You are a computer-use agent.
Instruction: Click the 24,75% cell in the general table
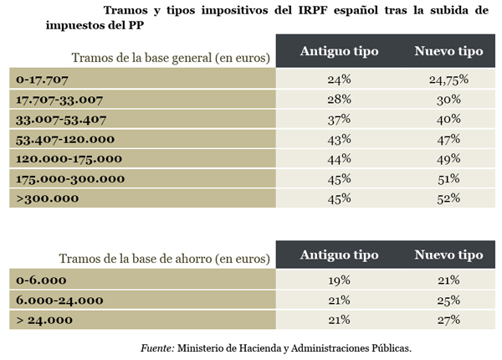pyautogui.click(x=448, y=80)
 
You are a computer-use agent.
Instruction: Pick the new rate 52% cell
pyautogui.click(x=448, y=198)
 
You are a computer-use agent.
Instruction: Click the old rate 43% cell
pyautogui.click(x=340, y=139)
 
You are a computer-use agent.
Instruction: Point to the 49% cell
pyautogui.click(x=448, y=158)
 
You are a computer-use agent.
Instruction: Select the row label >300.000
pyautogui.click(x=48, y=198)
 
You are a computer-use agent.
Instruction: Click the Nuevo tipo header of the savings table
pyautogui.click(x=448, y=255)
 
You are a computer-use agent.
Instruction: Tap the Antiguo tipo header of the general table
pyautogui.click(x=340, y=51)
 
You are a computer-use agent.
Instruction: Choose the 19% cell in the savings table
pyautogui.click(x=340, y=280)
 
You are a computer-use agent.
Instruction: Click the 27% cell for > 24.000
pyautogui.click(x=448, y=319)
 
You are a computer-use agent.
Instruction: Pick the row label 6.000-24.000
pyautogui.click(x=59, y=300)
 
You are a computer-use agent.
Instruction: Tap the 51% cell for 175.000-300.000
pyautogui.click(x=448, y=178)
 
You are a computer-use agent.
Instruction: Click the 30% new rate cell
pyautogui.click(x=448, y=100)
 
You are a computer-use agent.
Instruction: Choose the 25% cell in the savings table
pyautogui.click(x=448, y=300)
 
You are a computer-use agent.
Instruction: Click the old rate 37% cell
pyautogui.click(x=340, y=120)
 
